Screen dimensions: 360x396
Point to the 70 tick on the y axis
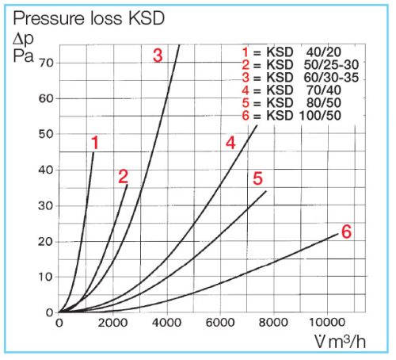[46, 62]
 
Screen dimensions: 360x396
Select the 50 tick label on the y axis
[46, 134]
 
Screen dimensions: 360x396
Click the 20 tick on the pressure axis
[46, 241]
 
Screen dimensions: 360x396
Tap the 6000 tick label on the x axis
[219, 323]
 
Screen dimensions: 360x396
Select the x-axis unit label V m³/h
[341, 343]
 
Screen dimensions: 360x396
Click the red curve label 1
[94, 144]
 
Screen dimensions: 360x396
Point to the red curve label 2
[123, 177]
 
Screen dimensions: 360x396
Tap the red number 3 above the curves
[158, 56]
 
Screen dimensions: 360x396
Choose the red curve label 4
[230, 143]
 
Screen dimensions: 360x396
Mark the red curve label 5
[257, 178]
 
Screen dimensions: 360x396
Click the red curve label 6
[345, 232]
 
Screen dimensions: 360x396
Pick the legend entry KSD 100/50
[302, 117]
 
